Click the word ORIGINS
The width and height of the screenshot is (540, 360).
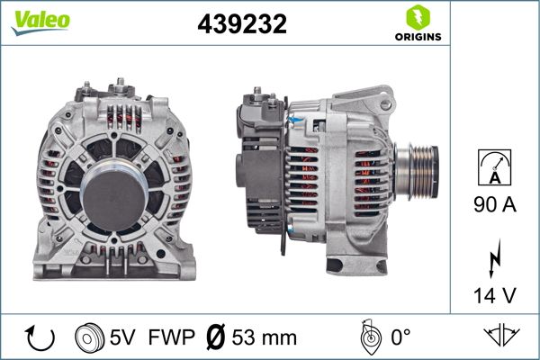click(x=417, y=37)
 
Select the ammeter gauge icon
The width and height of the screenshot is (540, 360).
click(x=494, y=170)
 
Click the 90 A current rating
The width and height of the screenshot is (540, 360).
click(x=494, y=205)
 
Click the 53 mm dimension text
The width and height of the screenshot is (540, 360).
click(x=265, y=337)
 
